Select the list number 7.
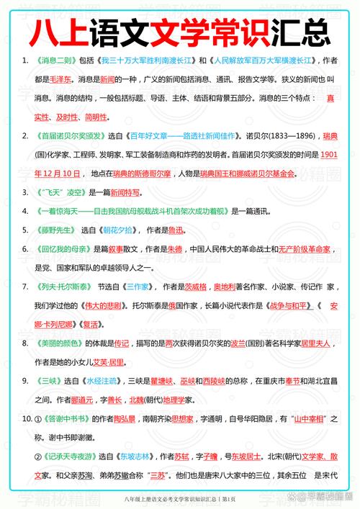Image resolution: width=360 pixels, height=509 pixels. (25, 286)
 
